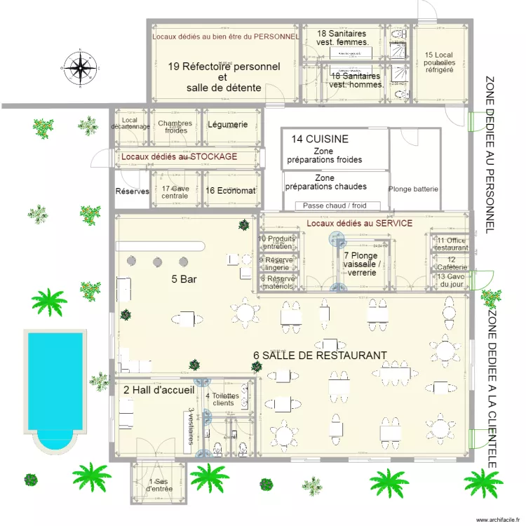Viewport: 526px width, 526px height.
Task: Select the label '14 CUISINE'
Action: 320,139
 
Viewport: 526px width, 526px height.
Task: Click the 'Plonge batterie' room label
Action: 413,189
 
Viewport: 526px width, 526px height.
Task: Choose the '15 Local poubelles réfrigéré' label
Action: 439,62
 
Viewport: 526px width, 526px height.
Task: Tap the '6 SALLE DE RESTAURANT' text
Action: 320,356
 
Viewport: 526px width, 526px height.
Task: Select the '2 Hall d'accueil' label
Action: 159,389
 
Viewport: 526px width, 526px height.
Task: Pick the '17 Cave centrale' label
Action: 175,191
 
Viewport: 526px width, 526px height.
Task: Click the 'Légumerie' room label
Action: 227,124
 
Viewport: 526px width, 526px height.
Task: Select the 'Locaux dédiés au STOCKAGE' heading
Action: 179,156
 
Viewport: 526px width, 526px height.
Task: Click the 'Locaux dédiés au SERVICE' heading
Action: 359,223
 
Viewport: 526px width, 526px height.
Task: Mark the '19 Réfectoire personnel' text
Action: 224,67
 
